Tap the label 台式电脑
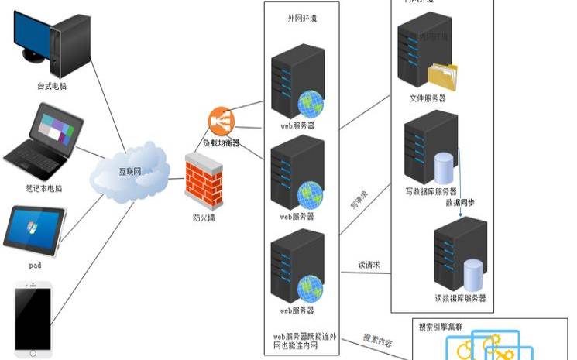(x=52, y=86)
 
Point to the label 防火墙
(x=204, y=218)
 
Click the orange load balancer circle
(x=221, y=121)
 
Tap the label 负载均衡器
(x=222, y=142)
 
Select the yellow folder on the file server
(x=442, y=77)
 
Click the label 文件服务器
(x=428, y=98)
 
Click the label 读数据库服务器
(x=460, y=298)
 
